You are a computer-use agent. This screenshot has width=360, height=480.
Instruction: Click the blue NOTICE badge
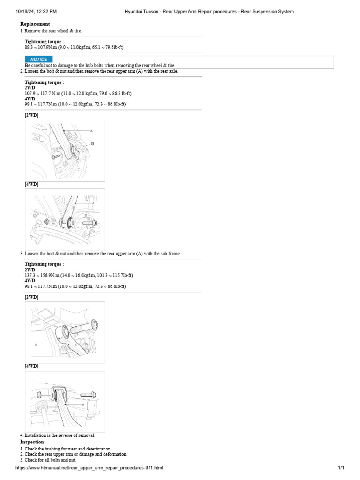(38, 60)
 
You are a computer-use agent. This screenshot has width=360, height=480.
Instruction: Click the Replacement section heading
(35, 24)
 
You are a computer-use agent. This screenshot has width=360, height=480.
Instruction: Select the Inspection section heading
(32, 442)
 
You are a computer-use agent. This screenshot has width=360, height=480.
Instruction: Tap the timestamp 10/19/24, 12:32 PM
(36, 11)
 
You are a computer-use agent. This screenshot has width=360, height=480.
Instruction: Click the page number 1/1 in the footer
(341, 468)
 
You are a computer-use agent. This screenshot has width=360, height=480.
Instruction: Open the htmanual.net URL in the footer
(89, 468)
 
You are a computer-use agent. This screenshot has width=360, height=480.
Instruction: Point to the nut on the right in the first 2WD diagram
(93, 143)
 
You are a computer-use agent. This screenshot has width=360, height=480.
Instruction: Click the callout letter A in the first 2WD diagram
(91, 130)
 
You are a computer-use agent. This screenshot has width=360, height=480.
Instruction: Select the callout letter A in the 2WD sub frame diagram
(36, 345)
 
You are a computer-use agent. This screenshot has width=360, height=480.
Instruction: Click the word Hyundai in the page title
(134, 11)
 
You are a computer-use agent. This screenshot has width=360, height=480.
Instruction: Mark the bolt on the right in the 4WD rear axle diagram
(90, 223)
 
